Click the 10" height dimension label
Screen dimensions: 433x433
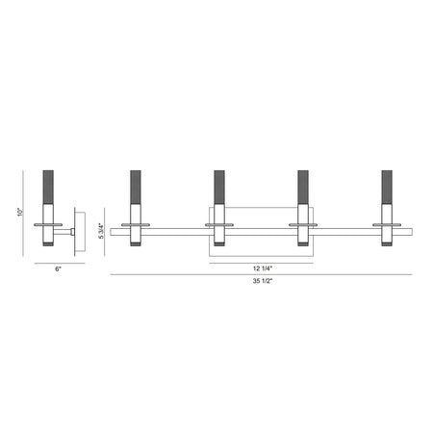tap(20, 213)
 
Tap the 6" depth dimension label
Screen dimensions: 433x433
tap(58, 269)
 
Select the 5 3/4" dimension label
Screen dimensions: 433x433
tap(102, 231)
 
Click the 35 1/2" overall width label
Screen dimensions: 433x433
tap(263, 281)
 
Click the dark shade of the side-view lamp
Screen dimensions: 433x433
tap(48, 187)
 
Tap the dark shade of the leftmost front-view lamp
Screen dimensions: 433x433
tap(136, 187)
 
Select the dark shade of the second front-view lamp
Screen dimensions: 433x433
tap(219, 187)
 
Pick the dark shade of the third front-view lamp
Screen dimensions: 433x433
tap(303, 187)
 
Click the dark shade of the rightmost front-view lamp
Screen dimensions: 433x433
tap(387, 187)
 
